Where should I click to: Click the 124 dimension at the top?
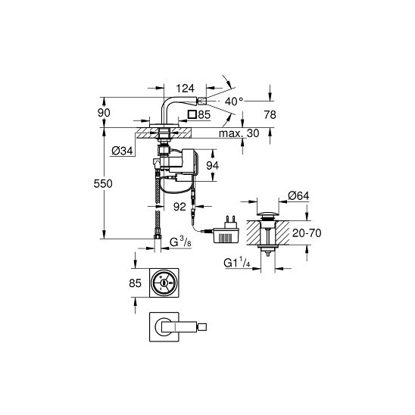click(x=185, y=88)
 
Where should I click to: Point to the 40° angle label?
click(x=234, y=101)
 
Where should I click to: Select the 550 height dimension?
click(x=103, y=183)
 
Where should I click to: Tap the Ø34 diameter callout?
click(x=122, y=151)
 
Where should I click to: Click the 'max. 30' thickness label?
click(x=239, y=133)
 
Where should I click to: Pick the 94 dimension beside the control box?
click(x=213, y=166)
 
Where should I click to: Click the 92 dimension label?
click(x=179, y=207)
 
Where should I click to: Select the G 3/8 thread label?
click(x=180, y=242)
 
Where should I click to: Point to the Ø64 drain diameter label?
click(x=298, y=196)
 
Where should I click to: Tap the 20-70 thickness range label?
click(x=307, y=233)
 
